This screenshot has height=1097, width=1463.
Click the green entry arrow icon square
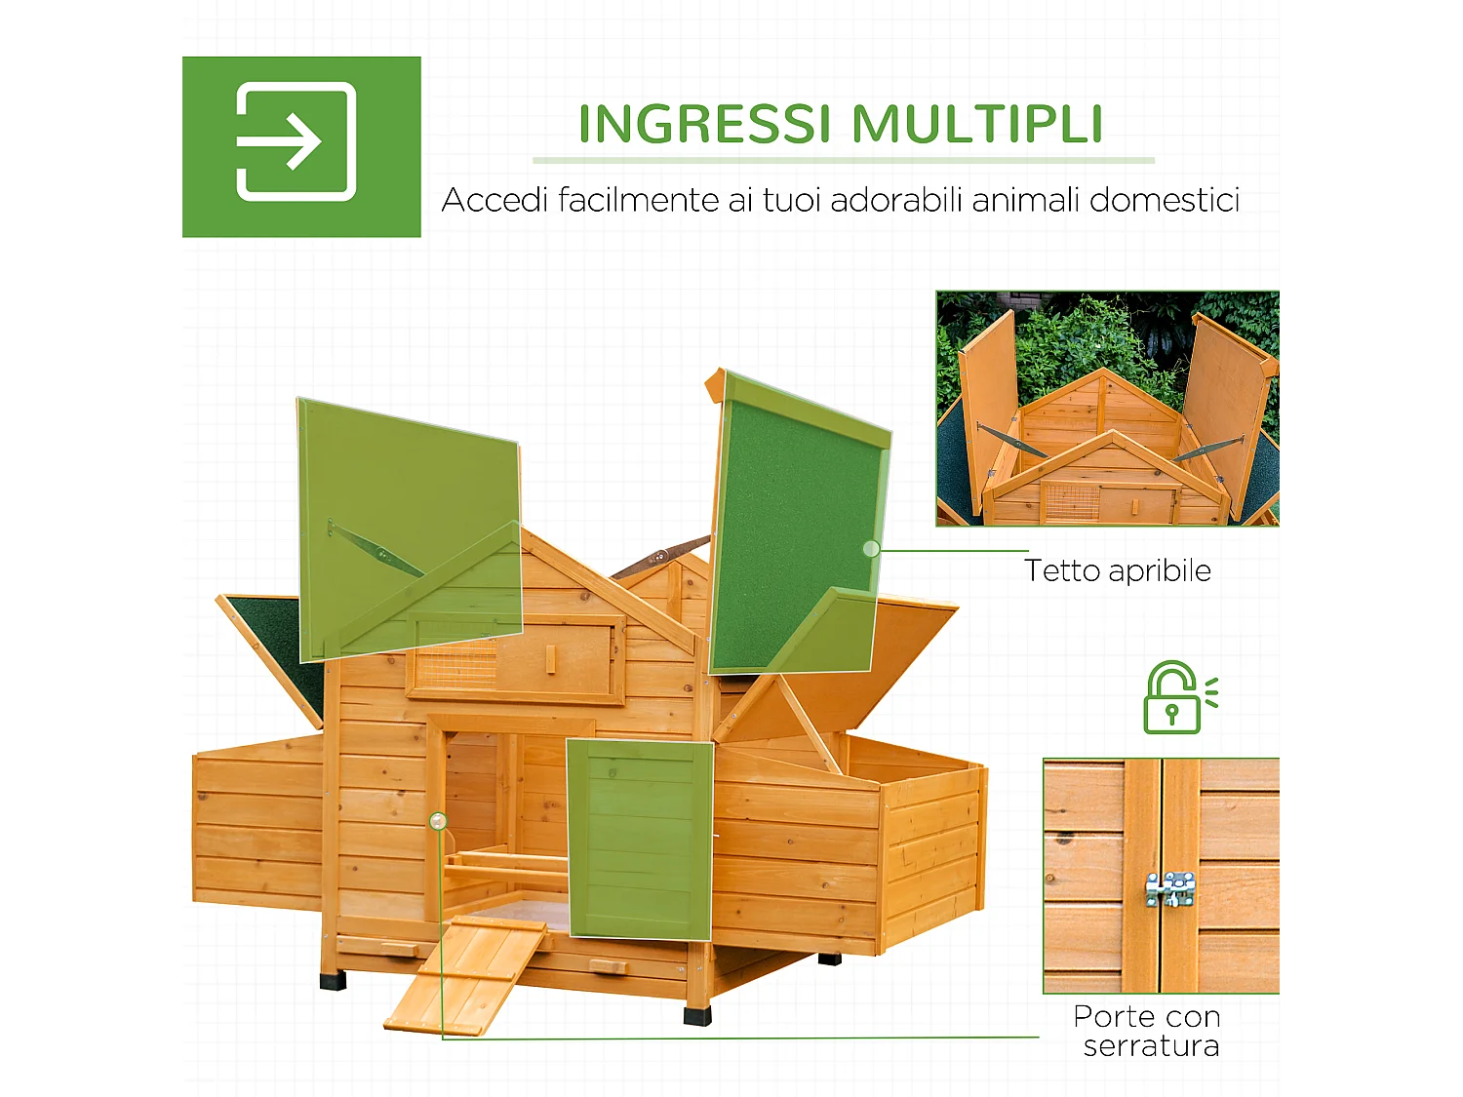point(301,146)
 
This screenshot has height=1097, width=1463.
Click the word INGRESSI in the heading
point(704,125)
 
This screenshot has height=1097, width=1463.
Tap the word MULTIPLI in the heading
point(977,125)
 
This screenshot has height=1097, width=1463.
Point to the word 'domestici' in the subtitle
point(1165,200)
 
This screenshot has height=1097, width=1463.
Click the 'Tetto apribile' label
point(1118,570)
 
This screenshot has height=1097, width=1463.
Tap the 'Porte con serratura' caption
point(1148,1031)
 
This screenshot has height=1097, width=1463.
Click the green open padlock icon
point(1174,698)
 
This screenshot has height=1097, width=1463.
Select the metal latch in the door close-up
point(1170,889)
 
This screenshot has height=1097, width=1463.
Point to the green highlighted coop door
point(640,839)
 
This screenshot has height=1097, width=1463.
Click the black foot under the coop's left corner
point(333,979)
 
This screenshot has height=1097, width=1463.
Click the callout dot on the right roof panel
point(871,549)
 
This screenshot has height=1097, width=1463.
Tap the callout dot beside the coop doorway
point(438,821)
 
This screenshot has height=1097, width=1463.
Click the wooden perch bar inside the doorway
point(507,862)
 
